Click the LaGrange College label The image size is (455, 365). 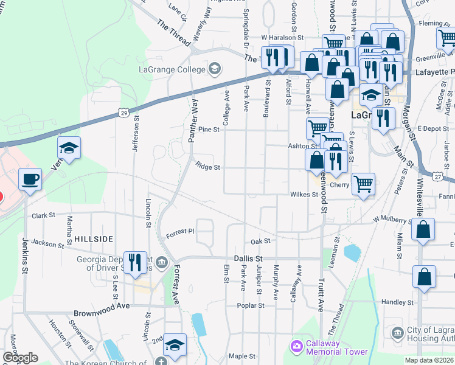[x=172, y=69]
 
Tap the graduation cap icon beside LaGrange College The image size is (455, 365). [x=214, y=69]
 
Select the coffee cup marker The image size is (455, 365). [x=30, y=179]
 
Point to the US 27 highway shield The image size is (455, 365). [x=438, y=176]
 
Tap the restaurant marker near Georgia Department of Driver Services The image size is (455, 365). [x=136, y=263]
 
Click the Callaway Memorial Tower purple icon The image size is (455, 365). [x=296, y=346]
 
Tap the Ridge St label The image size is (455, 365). [x=207, y=167]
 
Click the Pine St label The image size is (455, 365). [x=208, y=129]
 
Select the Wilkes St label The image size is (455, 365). [x=307, y=195]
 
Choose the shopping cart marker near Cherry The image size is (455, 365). [x=363, y=184]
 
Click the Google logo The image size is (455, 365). [x=21, y=357]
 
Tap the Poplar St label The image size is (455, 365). [x=250, y=305]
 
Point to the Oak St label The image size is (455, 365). [x=260, y=242]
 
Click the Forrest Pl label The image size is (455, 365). [x=179, y=232]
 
